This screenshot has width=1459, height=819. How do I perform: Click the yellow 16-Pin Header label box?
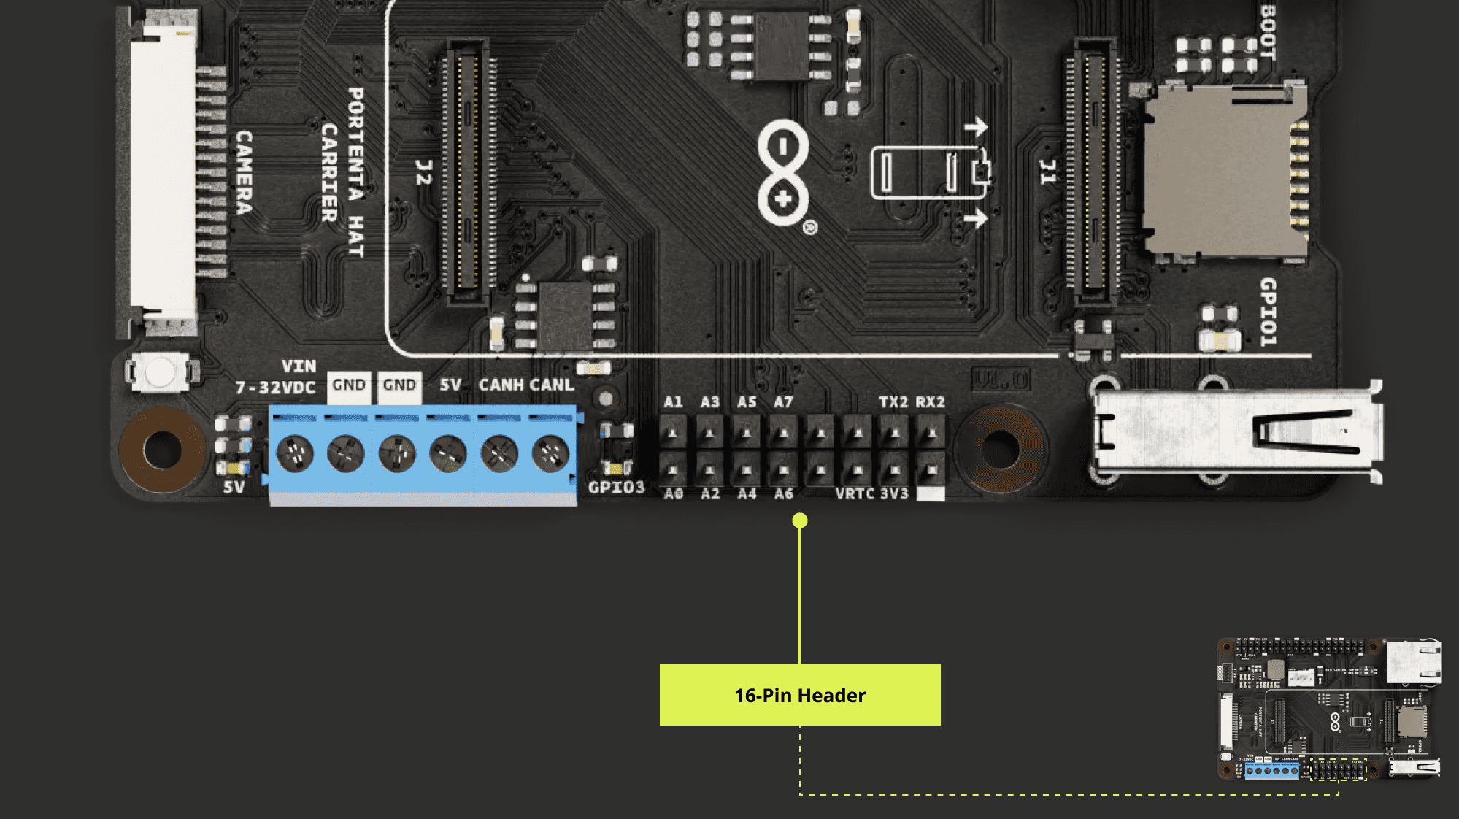point(800,695)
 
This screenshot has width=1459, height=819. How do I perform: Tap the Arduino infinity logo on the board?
point(783,173)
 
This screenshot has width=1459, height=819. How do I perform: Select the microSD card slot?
point(1223,172)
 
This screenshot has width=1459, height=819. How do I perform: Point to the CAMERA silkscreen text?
point(244,173)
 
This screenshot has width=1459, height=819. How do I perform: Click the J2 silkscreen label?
point(423,172)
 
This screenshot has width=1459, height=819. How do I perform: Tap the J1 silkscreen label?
point(1047,172)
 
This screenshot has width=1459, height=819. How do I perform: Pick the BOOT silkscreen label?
point(1268,33)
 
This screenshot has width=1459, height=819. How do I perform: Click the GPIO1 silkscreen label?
point(1269,312)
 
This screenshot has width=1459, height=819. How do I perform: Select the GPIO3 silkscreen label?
point(617,488)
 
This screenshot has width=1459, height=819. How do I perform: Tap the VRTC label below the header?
point(855,494)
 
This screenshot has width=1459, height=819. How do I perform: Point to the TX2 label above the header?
point(893,402)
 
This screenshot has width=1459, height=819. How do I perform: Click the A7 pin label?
point(783,402)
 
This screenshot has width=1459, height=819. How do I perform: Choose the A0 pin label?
point(673,494)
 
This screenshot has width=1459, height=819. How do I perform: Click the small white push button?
point(160,372)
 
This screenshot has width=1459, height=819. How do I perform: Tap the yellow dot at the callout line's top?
point(800,520)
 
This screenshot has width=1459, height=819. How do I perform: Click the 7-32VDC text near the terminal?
point(275,388)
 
